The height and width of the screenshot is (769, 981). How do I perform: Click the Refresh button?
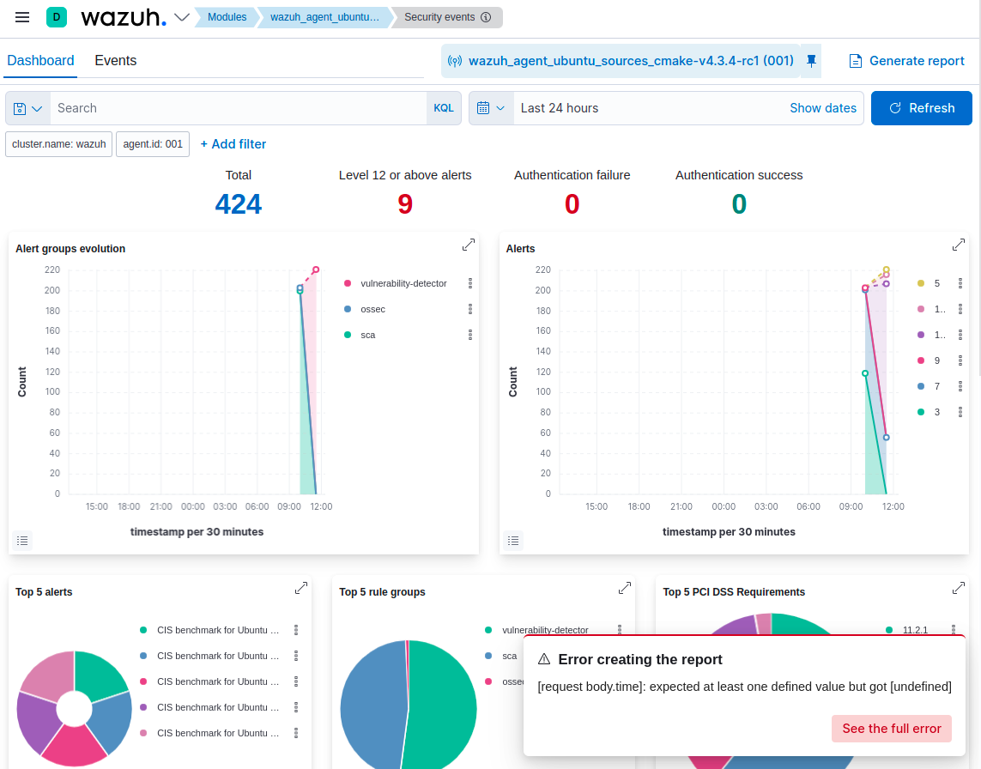click(x=921, y=108)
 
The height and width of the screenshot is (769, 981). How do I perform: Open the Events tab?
click(x=115, y=60)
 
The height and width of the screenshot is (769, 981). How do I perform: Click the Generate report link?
click(x=907, y=61)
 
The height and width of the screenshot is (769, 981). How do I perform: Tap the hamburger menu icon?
click(x=22, y=17)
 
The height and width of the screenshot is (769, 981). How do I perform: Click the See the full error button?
click(x=891, y=729)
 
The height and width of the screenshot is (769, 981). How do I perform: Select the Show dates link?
click(x=822, y=108)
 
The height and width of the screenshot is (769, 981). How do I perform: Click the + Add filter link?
click(x=233, y=144)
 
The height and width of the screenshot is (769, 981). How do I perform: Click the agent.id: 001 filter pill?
click(x=153, y=144)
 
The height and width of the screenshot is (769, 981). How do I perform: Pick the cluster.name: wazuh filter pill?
click(x=59, y=144)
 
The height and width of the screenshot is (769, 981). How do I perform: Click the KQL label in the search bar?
click(x=443, y=108)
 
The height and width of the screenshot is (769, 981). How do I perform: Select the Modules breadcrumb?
click(x=227, y=17)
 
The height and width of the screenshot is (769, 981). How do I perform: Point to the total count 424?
click(x=238, y=204)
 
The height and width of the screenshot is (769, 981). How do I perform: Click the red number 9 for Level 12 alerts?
click(x=405, y=204)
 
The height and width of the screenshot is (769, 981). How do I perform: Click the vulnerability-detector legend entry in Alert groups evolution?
click(x=403, y=283)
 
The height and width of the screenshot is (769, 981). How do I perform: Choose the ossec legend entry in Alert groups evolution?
click(x=372, y=309)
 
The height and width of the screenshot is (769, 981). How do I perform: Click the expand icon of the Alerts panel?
click(x=959, y=245)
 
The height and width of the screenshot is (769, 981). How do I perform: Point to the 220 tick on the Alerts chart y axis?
click(x=542, y=269)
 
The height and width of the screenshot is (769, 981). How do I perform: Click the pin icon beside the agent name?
click(x=811, y=61)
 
